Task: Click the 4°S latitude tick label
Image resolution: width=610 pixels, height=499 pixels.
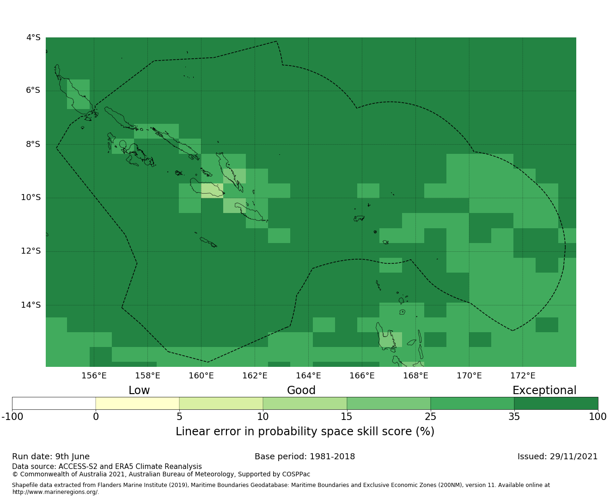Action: (33, 37)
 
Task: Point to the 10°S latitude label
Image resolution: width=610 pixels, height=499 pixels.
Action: (30, 198)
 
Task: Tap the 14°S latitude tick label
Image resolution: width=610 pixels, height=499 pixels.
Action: (30, 305)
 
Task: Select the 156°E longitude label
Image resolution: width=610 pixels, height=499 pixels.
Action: (94, 376)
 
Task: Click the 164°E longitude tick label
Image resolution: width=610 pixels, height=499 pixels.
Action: (308, 376)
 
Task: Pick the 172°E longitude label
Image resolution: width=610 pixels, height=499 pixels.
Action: (523, 376)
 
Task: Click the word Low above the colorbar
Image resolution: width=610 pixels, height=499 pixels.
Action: (139, 390)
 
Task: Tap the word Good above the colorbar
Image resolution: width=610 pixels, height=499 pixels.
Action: (301, 390)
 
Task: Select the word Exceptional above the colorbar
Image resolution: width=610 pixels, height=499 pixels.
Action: (544, 390)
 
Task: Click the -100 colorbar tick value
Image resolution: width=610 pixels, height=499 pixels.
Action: (12, 417)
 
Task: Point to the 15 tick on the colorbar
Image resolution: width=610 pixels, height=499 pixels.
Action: (347, 417)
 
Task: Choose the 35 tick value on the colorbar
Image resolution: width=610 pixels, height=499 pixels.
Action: (514, 417)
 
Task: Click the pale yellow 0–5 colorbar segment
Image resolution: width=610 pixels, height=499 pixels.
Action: (137, 403)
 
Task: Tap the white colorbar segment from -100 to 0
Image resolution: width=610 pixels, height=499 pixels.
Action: (54, 403)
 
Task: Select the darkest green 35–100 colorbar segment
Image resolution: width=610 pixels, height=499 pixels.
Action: (556, 403)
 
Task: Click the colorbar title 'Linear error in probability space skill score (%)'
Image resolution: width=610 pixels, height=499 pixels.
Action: (305, 432)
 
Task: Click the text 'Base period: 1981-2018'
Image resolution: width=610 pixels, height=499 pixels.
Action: (305, 456)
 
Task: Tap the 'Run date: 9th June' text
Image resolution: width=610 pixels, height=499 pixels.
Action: (51, 456)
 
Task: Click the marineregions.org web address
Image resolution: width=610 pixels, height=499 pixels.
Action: (55, 492)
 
